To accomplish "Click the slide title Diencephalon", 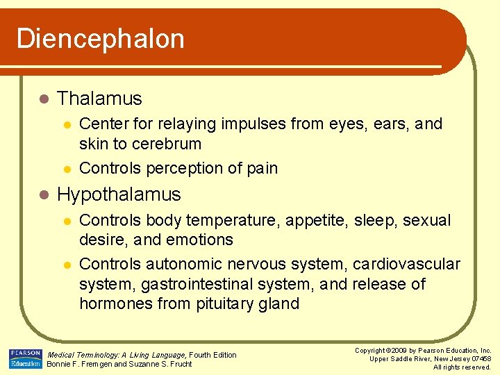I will point(101,39).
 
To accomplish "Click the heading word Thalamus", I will point(99,99).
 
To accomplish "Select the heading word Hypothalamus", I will point(119,194).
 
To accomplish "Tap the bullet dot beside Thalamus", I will point(43,99).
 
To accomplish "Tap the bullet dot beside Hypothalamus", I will point(43,195).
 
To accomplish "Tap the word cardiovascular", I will point(406,264).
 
